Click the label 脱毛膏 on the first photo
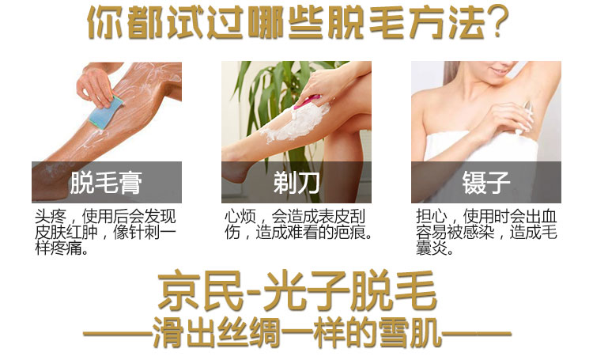[x=106, y=183]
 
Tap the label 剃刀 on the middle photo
[x=296, y=183]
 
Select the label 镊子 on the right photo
[x=486, y=183]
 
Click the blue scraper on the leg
[x=106, y=112]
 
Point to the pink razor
[x=307, y=101]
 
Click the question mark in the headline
[x=497, y=22]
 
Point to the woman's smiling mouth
[x=499, y=70]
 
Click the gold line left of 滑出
[x=118, y=334]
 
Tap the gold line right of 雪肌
[x=477, y=334]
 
